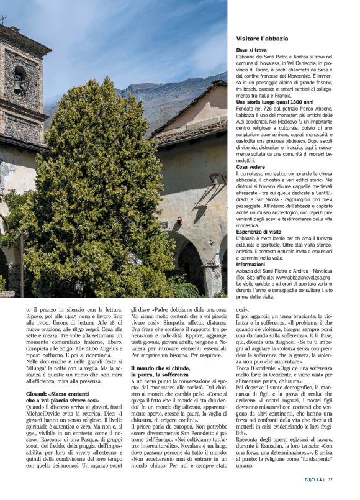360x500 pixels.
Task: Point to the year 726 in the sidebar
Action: point(268,109)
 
